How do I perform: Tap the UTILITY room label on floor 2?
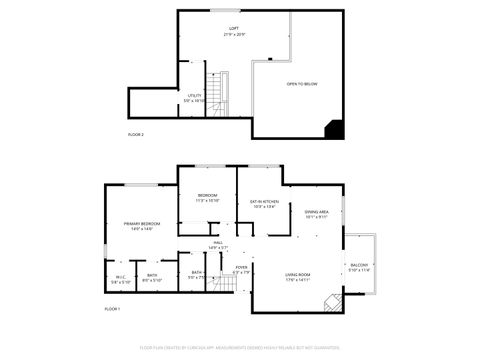(x=194, y=98)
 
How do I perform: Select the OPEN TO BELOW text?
(x=301, y=84)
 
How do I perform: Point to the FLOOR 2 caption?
(x=136, y=134)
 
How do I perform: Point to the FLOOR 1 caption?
(x=112, y=310)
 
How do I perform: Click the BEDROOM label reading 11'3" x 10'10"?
(x=207, y=197)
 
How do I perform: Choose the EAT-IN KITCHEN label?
(x=263, y=204)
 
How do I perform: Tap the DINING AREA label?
(x=317, y=214)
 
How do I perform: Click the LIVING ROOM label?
(x=298, y=277)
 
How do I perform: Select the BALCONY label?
(x=359, y=267)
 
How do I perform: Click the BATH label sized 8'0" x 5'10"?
(x=151, y=278)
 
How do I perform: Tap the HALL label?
(x=218, y=244)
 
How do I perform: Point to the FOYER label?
(x=241, y=269)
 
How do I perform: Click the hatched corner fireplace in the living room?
(x=337, y=302)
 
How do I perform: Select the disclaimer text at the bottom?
(x=240, y=348)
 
